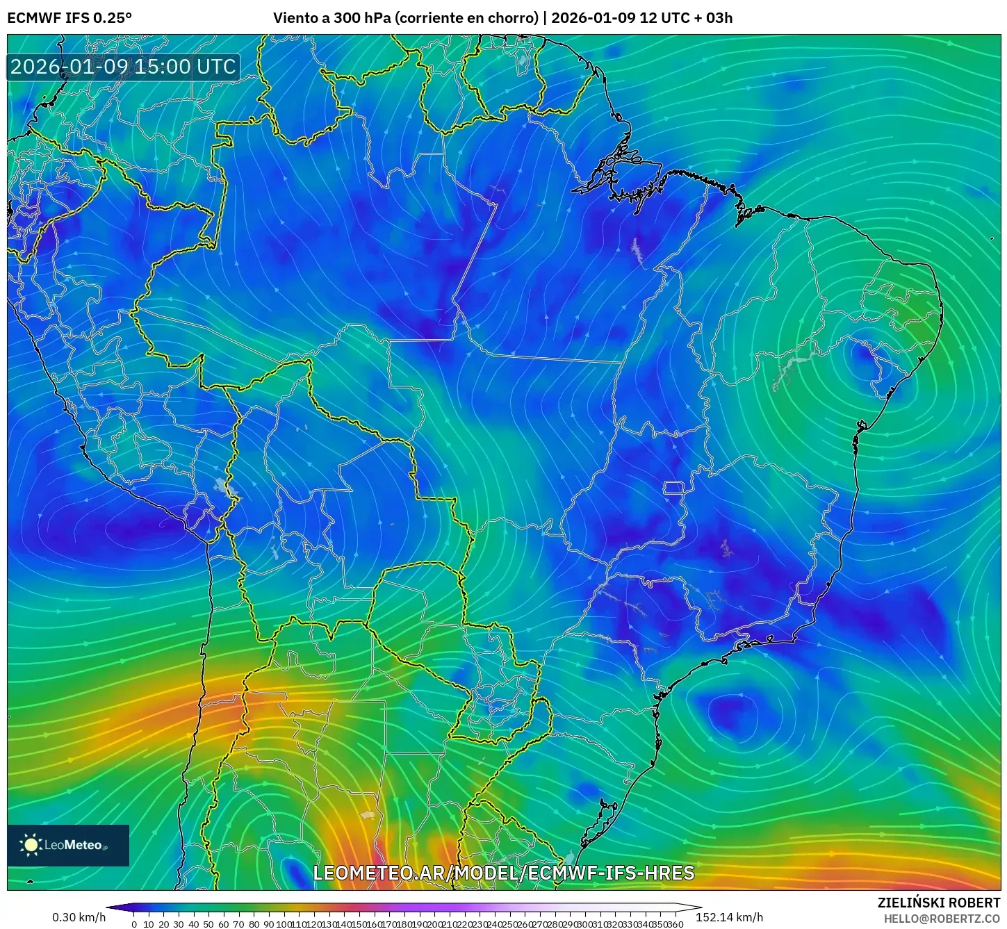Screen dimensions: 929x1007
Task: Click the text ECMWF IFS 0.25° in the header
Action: (x=69, y=18)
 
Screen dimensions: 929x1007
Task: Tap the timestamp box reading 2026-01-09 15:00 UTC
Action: (x=123, y=67)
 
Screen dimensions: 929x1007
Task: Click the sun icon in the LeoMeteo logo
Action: (x=31, y=845)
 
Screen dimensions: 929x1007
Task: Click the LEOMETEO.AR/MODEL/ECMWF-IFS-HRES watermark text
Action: (x=503, y=873)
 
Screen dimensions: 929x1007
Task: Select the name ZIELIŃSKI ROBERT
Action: (x=938, y=903)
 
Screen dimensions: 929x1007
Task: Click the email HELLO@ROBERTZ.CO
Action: (x=942, y=919)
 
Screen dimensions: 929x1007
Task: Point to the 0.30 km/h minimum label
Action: (x=79, y=917)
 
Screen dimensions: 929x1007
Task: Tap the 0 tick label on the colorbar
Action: (x=134, y=924)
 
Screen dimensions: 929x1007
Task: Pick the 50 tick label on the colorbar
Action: (x=208, y=924)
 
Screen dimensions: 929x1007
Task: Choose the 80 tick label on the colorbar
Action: (x=253, y=924)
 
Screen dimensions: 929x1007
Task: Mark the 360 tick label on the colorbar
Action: (x=676, y=924)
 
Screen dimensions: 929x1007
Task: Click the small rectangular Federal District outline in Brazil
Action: (x=673, y=488)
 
